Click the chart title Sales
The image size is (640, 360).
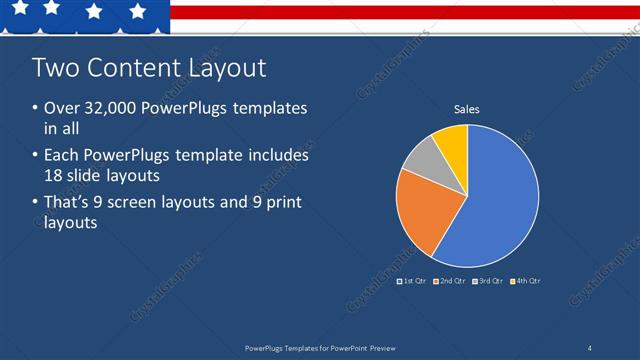(x=467, y=108)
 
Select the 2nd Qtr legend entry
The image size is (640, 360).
(x=449, y=281)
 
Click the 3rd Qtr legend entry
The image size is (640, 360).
(x=487, y=281)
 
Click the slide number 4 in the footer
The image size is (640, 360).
(x=590, y=347)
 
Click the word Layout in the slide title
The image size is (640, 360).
(x=227, y=68)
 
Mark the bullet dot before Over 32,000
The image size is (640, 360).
(x=35, y=108)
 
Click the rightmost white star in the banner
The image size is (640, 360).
(x=138, y=11)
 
